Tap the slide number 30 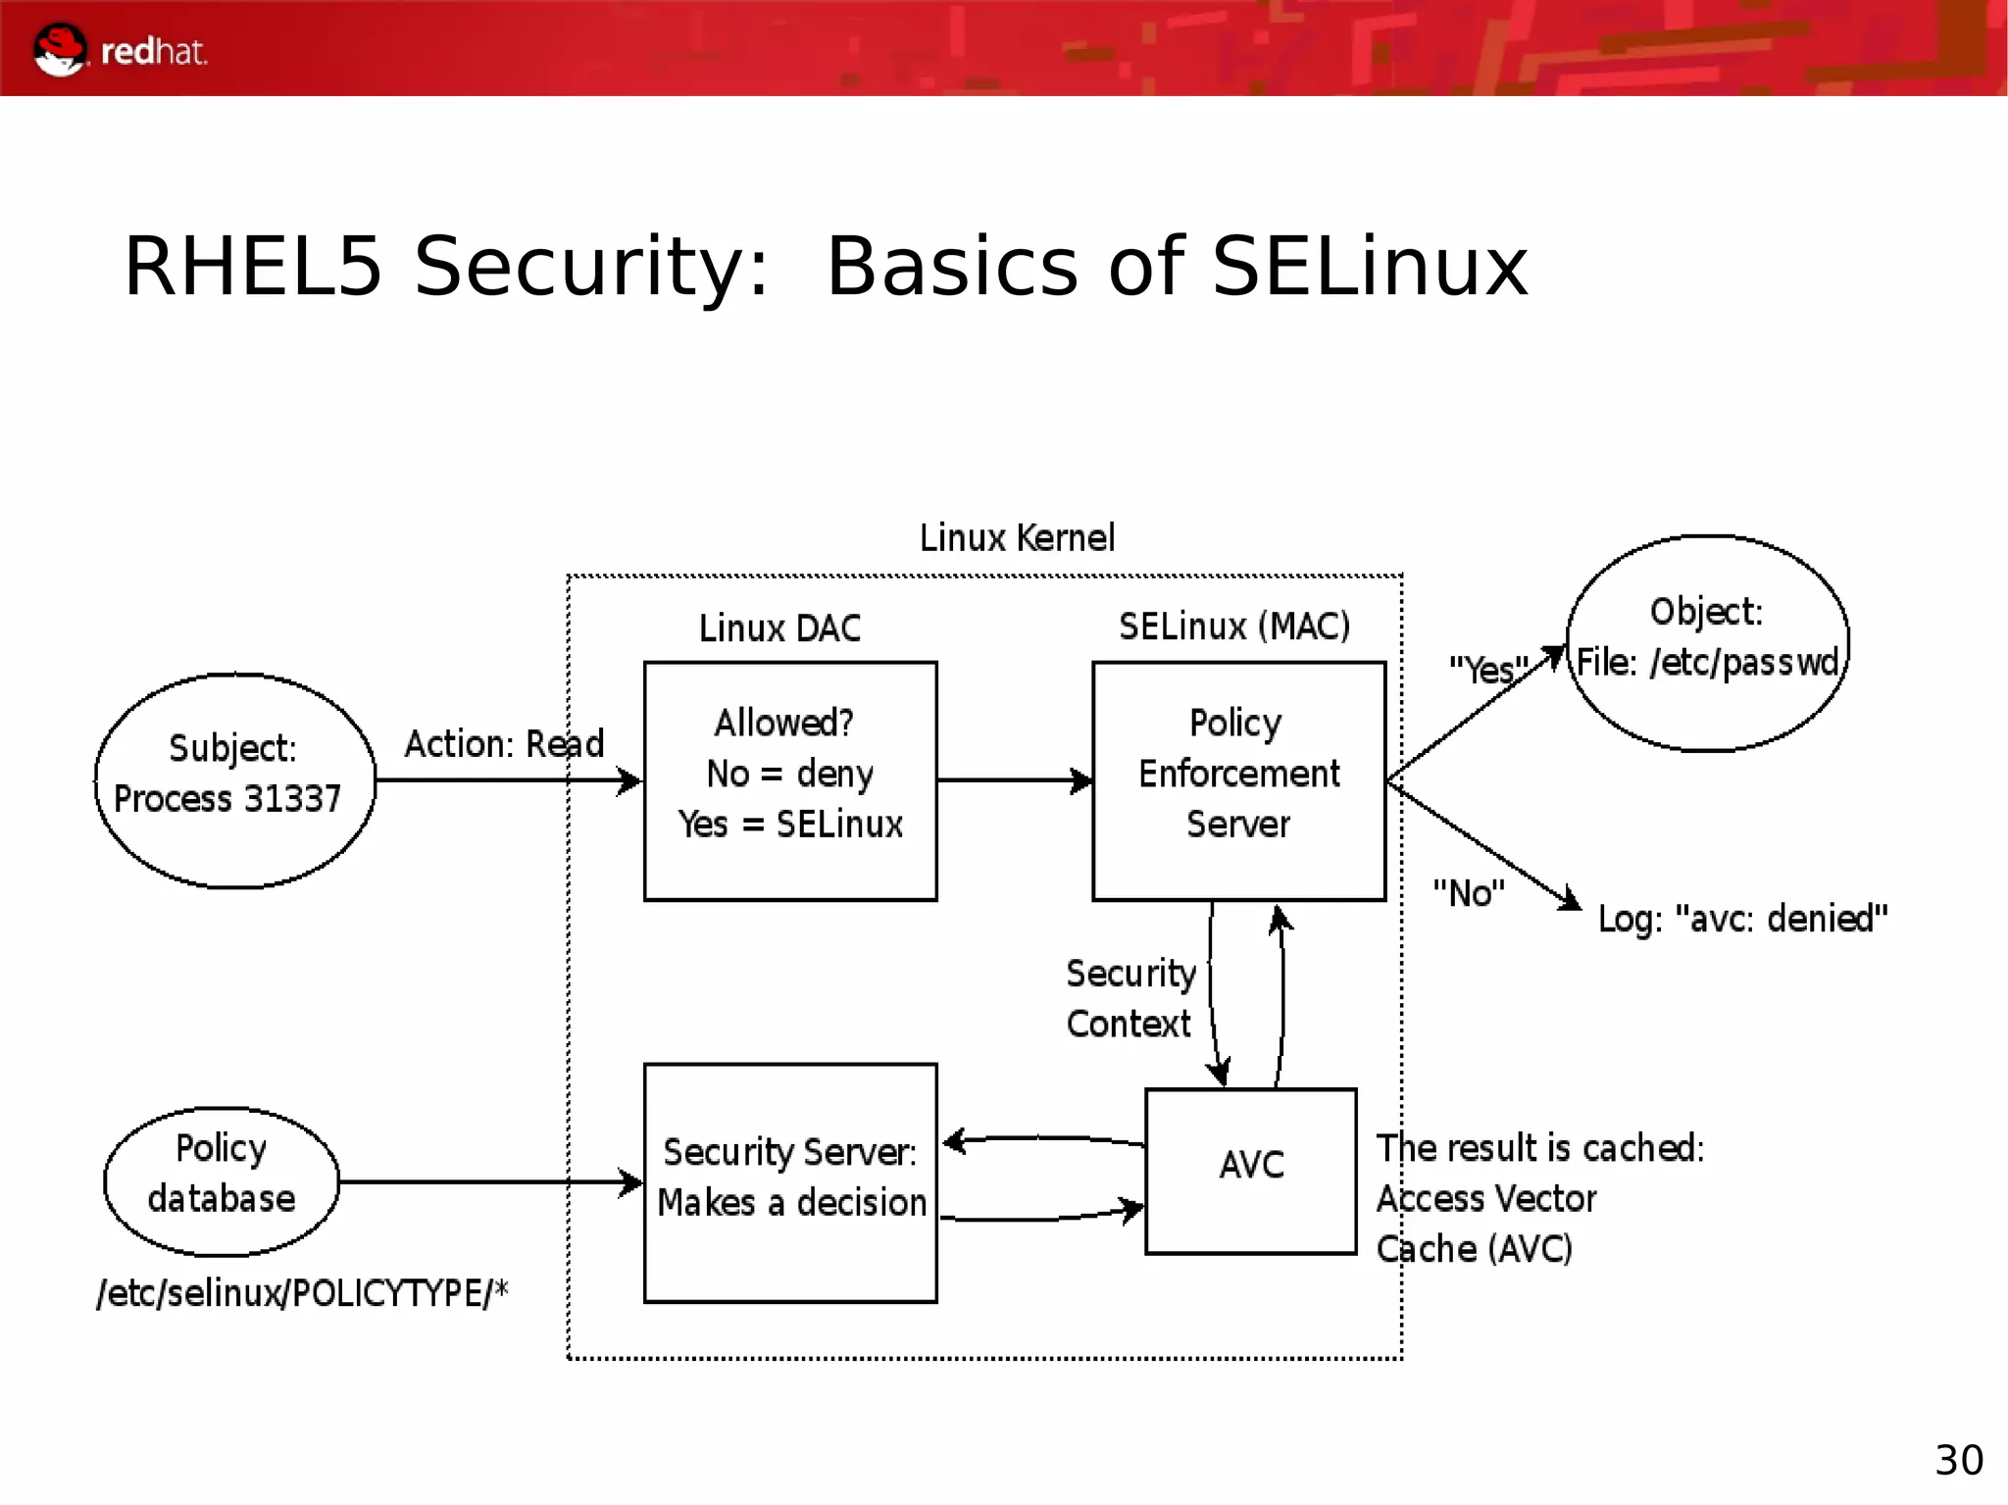click(1958, 1461)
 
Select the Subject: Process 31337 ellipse click(234, 780)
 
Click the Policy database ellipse click(222, 1181)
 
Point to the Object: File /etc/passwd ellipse click(1707, 642)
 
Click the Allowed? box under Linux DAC click(789, 780)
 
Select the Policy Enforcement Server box click(1238, 780)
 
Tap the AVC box click(1251, 1170)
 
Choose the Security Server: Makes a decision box click(789, 1182)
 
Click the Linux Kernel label click(1017, 538)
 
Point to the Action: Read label click(504, 744)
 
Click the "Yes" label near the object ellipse click(1487, 671)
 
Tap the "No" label click(1468, 893)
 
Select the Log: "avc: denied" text click(1742, 919)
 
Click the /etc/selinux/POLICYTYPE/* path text click(302, 1293)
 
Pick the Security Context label click(1129, 998)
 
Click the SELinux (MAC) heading click(1234, 627)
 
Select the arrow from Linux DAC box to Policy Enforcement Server click(1014, 780)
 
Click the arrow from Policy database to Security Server click(490, 1182)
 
